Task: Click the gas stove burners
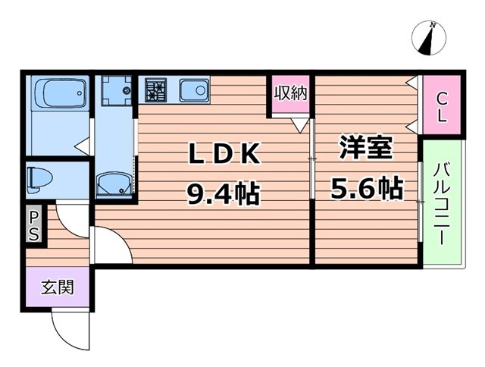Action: tap(157, 91)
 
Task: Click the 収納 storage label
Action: tap(289, 94)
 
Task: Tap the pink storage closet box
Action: tap(289, 96)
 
